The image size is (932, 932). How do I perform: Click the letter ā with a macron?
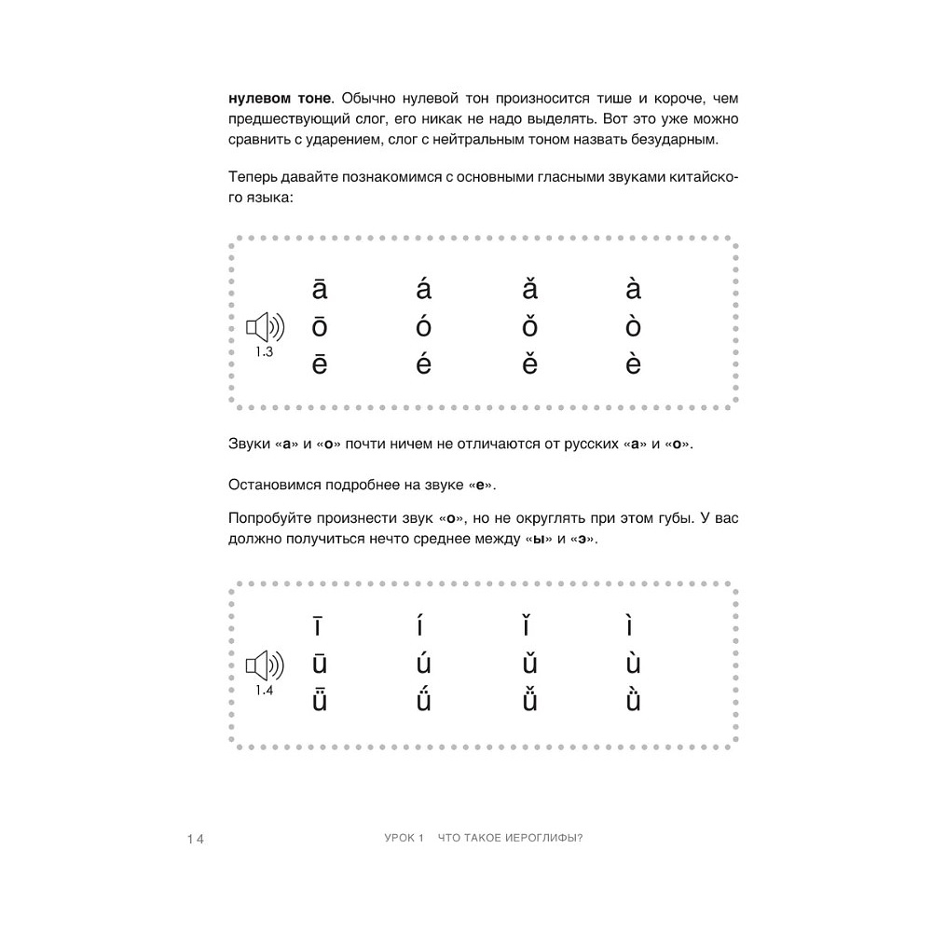320,290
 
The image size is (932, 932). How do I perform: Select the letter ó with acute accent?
424,328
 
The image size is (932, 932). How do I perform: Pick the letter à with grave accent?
634,290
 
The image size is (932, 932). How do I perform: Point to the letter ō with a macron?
320,328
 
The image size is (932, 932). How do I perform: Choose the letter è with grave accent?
634,364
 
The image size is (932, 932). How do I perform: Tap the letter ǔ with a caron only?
528,665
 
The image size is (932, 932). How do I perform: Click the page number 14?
194,839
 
